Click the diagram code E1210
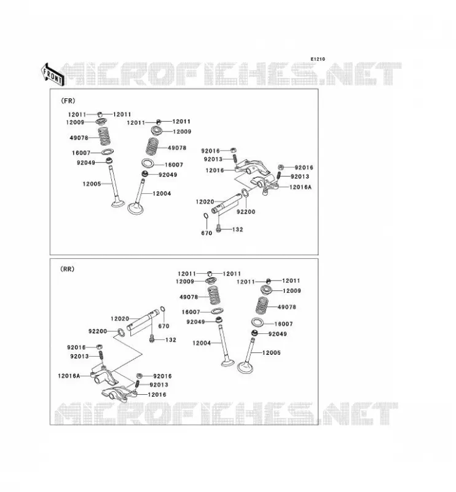pos(318,59)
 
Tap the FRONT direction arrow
pos(53,75)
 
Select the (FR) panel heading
pos(68,101)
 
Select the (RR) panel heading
pos(67,269)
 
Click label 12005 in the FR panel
pos(92,184)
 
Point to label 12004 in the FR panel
pos(162,194)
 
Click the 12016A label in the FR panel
pos(301,187)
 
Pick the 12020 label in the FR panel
pos(205,202)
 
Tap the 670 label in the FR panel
pos(206,233)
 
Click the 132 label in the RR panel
pos(171,340)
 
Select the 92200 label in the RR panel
pos(98,331)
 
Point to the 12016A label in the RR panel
pos(69,376)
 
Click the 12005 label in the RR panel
pos(271,352)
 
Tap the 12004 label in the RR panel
pos(202,343)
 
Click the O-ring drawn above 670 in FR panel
pos(206,216)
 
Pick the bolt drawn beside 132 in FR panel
pos(219,228)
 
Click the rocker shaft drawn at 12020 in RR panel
pos(143,320)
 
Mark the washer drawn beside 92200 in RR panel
pos(120,333)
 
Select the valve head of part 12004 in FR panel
pos(135,208)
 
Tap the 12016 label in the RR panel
pos(157,395)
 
